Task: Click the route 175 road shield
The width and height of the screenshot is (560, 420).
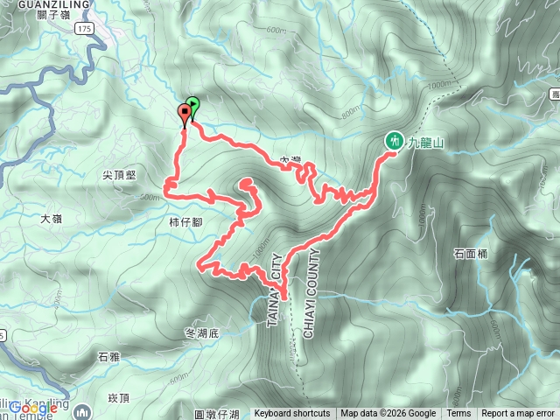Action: (83, 29)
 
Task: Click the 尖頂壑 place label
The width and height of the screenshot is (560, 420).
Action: (119, 175)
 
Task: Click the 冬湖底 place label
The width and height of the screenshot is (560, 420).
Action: (204, 332)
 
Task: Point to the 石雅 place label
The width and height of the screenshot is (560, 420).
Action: (108, 357)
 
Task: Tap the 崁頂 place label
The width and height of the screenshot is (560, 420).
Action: (118, 398)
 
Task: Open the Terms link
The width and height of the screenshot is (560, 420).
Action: (458, 414)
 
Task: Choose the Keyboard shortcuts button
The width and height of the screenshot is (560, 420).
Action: (292, 414)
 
